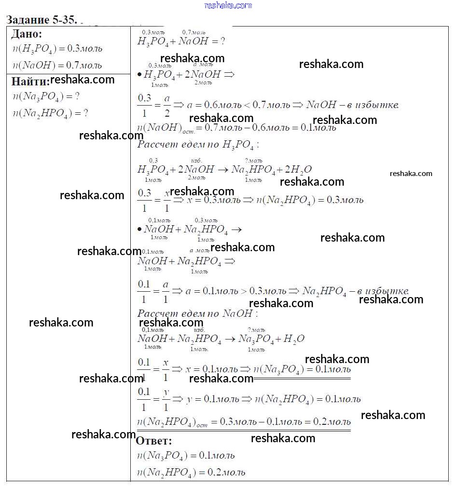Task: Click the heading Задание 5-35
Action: (41, 20)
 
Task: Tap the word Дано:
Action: (27, 34)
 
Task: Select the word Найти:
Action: (30, 81)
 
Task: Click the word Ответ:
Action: (153, 441)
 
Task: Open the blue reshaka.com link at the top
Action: (228, 5)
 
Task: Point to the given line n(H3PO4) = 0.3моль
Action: (57, 49)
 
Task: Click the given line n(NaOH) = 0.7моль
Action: (57, 65)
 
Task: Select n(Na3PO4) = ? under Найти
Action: (46, 96)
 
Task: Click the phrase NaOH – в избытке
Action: (352, 105)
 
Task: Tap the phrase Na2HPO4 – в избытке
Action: (355, 291)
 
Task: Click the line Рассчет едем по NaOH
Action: (197, 314)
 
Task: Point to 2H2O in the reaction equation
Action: (298, 169)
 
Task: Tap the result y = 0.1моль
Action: (212, 399)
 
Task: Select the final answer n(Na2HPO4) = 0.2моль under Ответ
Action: (191, 473)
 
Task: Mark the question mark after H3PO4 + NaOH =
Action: (222, 41)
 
